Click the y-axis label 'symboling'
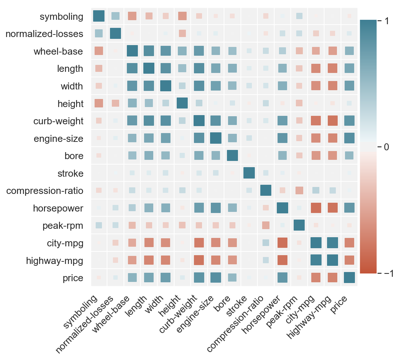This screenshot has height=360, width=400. (62, 16)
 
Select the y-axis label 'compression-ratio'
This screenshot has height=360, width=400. (45, 191)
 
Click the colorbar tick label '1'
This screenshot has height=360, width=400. (387, 21)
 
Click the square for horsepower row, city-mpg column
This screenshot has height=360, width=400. (315, 208)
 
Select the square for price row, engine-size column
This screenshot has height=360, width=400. (216, 278)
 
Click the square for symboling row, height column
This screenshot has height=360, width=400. (182, 16)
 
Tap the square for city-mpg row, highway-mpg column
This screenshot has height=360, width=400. (332, 243)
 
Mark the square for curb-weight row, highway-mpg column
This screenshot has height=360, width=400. (332, 121)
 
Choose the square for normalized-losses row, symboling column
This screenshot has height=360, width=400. (99, 33)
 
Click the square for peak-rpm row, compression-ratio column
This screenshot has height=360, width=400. (266, 225)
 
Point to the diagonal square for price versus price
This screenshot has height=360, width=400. (349, 278)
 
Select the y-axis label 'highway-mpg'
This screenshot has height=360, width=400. (55, 261)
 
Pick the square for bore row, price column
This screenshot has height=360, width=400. (349, 155)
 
